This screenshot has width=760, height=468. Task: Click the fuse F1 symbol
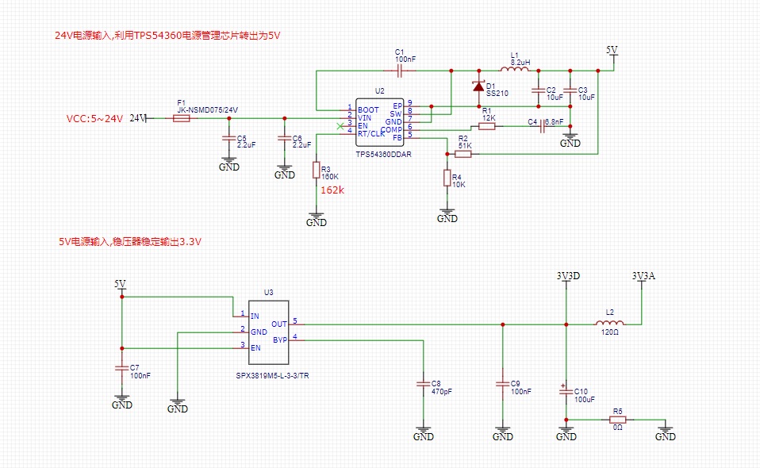point(181,118)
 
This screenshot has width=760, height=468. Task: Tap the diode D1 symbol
point(478,86)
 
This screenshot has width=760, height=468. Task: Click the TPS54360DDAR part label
point(383,155)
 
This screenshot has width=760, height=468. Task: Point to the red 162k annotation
point(332,190)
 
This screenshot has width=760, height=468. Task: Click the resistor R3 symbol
point(317,171)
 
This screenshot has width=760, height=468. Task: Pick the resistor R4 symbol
point(447,178)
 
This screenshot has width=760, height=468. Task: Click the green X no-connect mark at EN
point(341,125)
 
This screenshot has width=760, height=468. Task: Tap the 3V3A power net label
point(643,276)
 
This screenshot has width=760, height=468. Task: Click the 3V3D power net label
point(568,276)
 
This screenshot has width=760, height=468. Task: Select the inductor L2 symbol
point(610,323)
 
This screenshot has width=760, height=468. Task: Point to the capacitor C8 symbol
point(424,384)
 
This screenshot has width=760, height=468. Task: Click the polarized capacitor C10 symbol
point(566,391)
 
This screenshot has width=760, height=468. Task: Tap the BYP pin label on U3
point(280,339)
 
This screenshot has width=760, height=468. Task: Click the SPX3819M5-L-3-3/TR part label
point(272,375)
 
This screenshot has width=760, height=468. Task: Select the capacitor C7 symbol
point(121,368)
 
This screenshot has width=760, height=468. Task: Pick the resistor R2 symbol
point(463,154)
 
